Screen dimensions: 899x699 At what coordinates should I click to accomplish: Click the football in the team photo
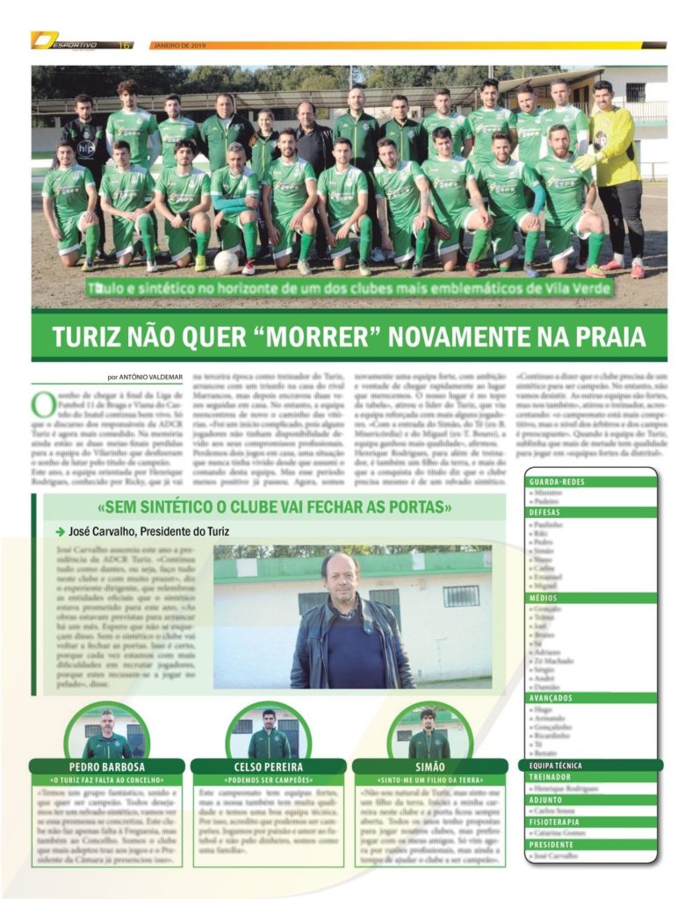point(227,262)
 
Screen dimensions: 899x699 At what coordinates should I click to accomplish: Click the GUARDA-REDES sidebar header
point(558,482)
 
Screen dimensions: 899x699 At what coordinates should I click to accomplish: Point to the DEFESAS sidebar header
point(546,512)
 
